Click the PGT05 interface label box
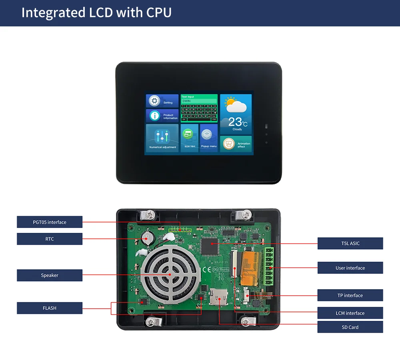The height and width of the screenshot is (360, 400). click(50, 222)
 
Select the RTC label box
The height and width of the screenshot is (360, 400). click(50, 239)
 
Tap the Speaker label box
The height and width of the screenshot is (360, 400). click(50, 275)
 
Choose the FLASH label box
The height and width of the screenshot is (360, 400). click(50, 308)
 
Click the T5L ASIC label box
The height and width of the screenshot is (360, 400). click(350, 243)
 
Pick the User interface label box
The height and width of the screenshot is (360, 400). click(350, 268)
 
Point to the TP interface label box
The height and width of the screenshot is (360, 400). click(350, 295)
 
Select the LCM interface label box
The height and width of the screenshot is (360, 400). click(350, 313)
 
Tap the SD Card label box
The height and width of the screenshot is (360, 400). click(350, 327)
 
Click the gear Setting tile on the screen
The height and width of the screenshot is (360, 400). click(162, 101)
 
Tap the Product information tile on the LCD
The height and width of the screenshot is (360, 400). click(162, 116)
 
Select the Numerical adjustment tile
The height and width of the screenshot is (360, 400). click(162, 138)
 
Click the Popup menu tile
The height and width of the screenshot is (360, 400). click(208, 138)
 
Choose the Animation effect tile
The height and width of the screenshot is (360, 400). click(236, 144)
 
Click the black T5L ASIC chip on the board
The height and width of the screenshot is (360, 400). click(210, 245)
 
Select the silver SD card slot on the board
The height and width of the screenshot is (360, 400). click(218, 296)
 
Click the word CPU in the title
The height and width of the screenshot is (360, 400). click(159, 12)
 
